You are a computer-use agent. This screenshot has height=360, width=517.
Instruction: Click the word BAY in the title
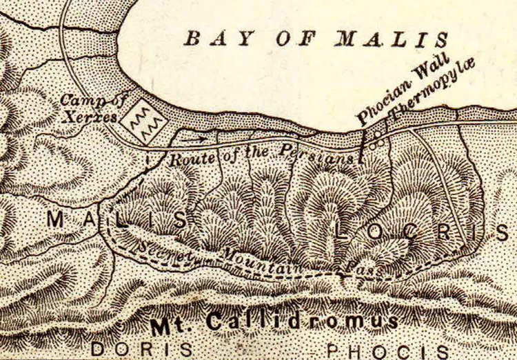click(x=211, y=39)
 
